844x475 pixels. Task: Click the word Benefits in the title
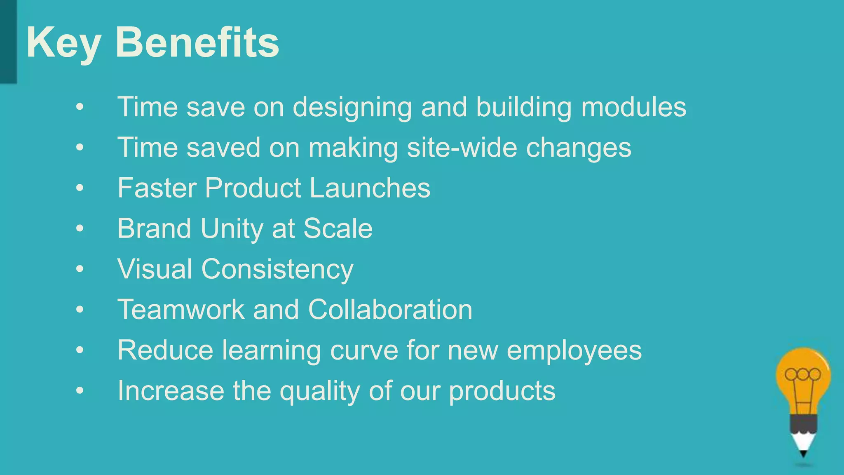[197, 42]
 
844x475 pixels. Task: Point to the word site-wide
[462, 147]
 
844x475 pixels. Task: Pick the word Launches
[370, 188]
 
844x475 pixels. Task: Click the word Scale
[338, 228]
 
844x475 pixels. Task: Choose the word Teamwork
[181, 309]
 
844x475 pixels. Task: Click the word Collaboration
[390, 309]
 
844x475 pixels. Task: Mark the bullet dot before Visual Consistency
[80, 269]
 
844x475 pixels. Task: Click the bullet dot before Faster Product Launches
[80, 188]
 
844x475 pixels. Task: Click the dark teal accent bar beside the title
[8, 41]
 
